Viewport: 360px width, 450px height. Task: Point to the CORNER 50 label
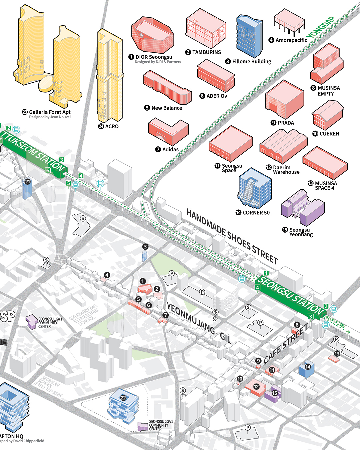pyautogui.click(x=256, y=213)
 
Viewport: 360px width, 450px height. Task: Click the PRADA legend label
pyautogui.click(x=286, y=123)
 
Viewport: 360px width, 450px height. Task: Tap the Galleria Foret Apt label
pyautogui.click(x=50, y=112)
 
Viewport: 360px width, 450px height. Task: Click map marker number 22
pyautogui.click(x=123, y=398)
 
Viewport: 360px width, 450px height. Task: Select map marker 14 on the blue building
pyautogui.click(x=308, y=367)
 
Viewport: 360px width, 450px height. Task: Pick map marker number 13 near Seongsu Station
pyautogui.click(x=337, y=354)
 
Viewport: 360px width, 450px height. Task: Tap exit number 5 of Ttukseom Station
pyautogui.click(x=69, y=183)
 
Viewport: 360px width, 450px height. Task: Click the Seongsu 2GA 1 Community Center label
pyautogui.click(x=161, y=425)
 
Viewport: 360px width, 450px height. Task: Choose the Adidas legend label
pyautogui.click(x=170, y=149)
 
